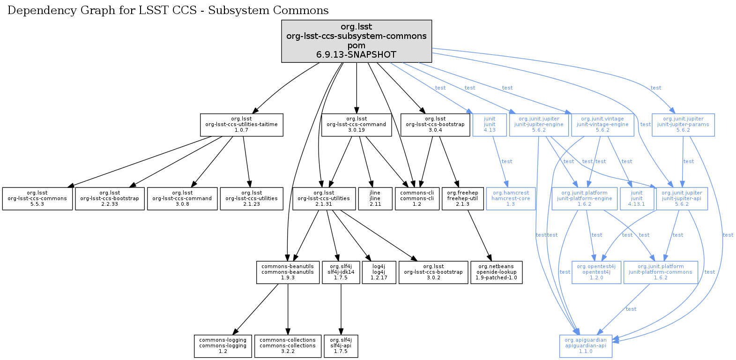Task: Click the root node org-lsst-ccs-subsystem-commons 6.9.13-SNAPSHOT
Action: point(357,41)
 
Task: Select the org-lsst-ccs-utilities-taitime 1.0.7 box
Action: point(241,125)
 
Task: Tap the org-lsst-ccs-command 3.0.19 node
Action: point(357,125)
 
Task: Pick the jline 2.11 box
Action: point(375,198)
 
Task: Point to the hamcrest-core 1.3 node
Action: point(511,198)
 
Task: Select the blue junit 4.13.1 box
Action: point(637,198)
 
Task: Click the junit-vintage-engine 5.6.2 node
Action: point(602,125)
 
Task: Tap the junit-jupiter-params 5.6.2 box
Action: point(683,125)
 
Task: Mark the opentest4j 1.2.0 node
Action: point(596,272)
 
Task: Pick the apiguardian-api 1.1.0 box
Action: point(586,346)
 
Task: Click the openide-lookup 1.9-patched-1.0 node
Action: point(496,272)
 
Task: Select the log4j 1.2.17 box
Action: point(379,272)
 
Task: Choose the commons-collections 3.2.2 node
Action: point(288,346)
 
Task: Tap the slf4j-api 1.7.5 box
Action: point(341,346)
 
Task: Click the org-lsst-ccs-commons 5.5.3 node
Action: point(37,198)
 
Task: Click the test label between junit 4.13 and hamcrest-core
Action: point(507,161)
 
